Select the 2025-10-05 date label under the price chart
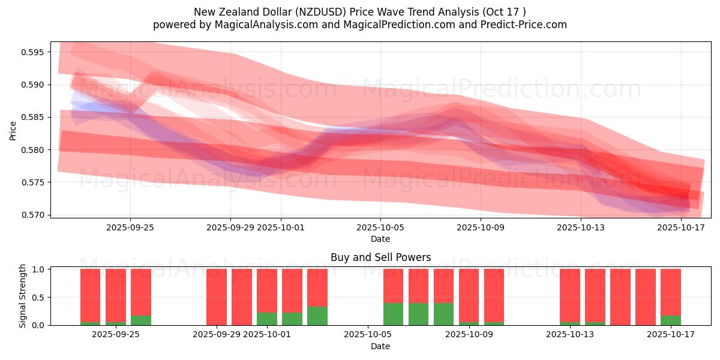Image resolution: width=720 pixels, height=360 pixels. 380,227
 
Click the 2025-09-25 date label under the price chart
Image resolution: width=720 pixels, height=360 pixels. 130,227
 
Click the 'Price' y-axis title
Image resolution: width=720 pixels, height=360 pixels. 13,130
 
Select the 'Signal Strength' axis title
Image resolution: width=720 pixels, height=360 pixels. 23,296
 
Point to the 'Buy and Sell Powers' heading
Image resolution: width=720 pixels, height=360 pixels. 380,257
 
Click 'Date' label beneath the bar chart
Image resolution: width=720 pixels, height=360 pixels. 380,346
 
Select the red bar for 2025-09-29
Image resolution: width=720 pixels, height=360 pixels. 217,297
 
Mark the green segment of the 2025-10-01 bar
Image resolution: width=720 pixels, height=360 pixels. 267,319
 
